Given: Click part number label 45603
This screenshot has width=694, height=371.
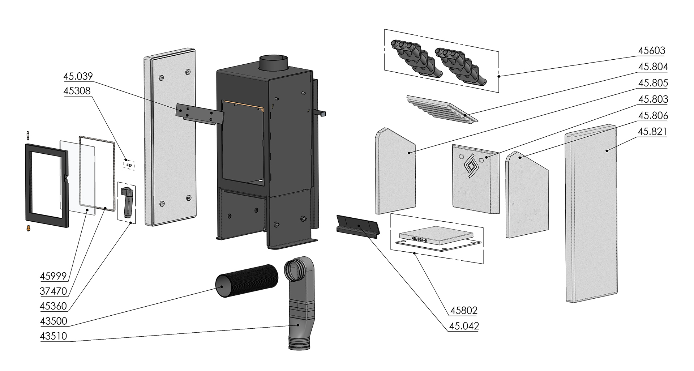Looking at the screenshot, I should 651,51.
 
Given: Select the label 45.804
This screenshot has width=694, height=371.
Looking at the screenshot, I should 653,67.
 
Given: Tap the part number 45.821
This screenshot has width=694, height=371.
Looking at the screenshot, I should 652,132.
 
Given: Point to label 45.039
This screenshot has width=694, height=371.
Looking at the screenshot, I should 78,76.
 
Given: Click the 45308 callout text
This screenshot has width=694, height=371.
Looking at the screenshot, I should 77,91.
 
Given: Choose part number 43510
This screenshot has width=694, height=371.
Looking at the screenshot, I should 53,336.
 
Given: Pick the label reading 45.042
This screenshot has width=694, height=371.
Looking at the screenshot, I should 464,326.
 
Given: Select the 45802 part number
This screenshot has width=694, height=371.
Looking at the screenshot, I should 464,311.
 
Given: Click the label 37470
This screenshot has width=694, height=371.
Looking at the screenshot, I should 53,291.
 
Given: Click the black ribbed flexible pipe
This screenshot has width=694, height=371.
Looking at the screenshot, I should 247,281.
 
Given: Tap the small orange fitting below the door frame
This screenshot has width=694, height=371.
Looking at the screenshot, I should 28,228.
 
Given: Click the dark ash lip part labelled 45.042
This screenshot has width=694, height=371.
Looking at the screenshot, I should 357,227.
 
